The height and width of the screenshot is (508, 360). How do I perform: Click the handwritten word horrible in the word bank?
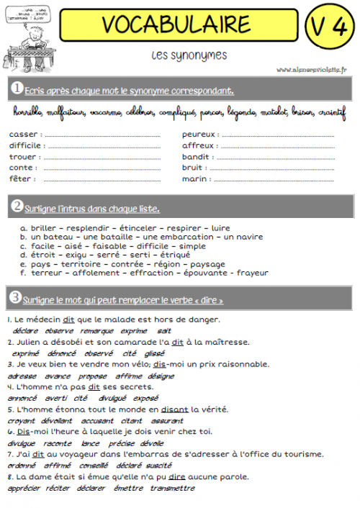(x=28, y=112)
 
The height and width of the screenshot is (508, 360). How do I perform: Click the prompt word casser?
(x=23, y=134)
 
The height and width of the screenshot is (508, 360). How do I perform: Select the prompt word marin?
(x=197, y=178)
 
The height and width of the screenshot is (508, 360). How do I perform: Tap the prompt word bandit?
(x=197, y=156)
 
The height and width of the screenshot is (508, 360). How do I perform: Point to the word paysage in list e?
(x=208, y=264)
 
